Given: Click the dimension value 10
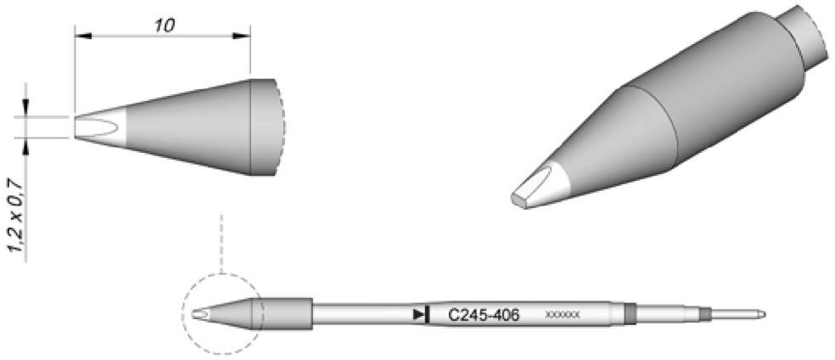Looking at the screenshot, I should (165, 25).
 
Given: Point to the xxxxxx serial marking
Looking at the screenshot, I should (562, 316).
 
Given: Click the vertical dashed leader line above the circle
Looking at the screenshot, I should (220, 242).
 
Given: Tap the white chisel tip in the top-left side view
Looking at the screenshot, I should (100, 127).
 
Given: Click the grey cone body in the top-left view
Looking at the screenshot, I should (195, 127).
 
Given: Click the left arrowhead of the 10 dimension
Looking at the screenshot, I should (81, 36).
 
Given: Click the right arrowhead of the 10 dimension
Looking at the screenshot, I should (245, 36).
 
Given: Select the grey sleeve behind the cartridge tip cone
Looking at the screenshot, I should (288, 313).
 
